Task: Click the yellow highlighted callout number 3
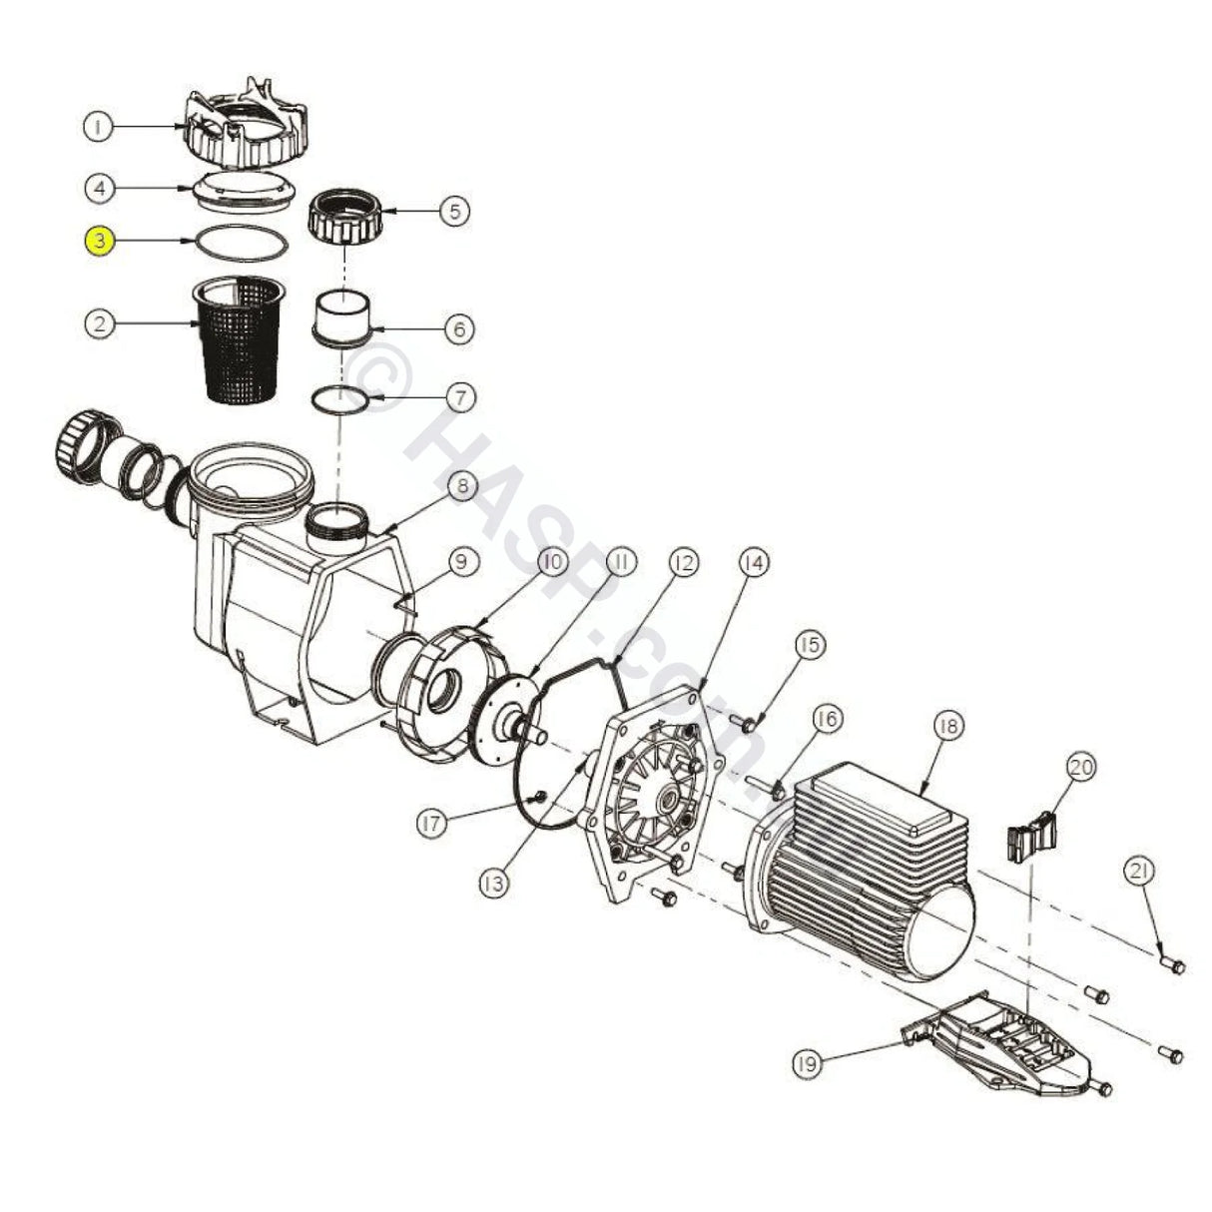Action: point(100,241)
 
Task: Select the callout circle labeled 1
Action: point(98,127)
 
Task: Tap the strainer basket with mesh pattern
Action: point(239,339)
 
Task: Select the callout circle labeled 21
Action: point(1140,872)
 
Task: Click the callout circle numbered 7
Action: point(459,397)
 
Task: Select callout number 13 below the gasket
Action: point(494,883)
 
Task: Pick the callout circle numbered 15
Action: point(809,645)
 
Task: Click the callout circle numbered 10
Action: point(552,562)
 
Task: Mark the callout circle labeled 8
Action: point(462,487)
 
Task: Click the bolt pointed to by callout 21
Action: point(1172,965)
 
